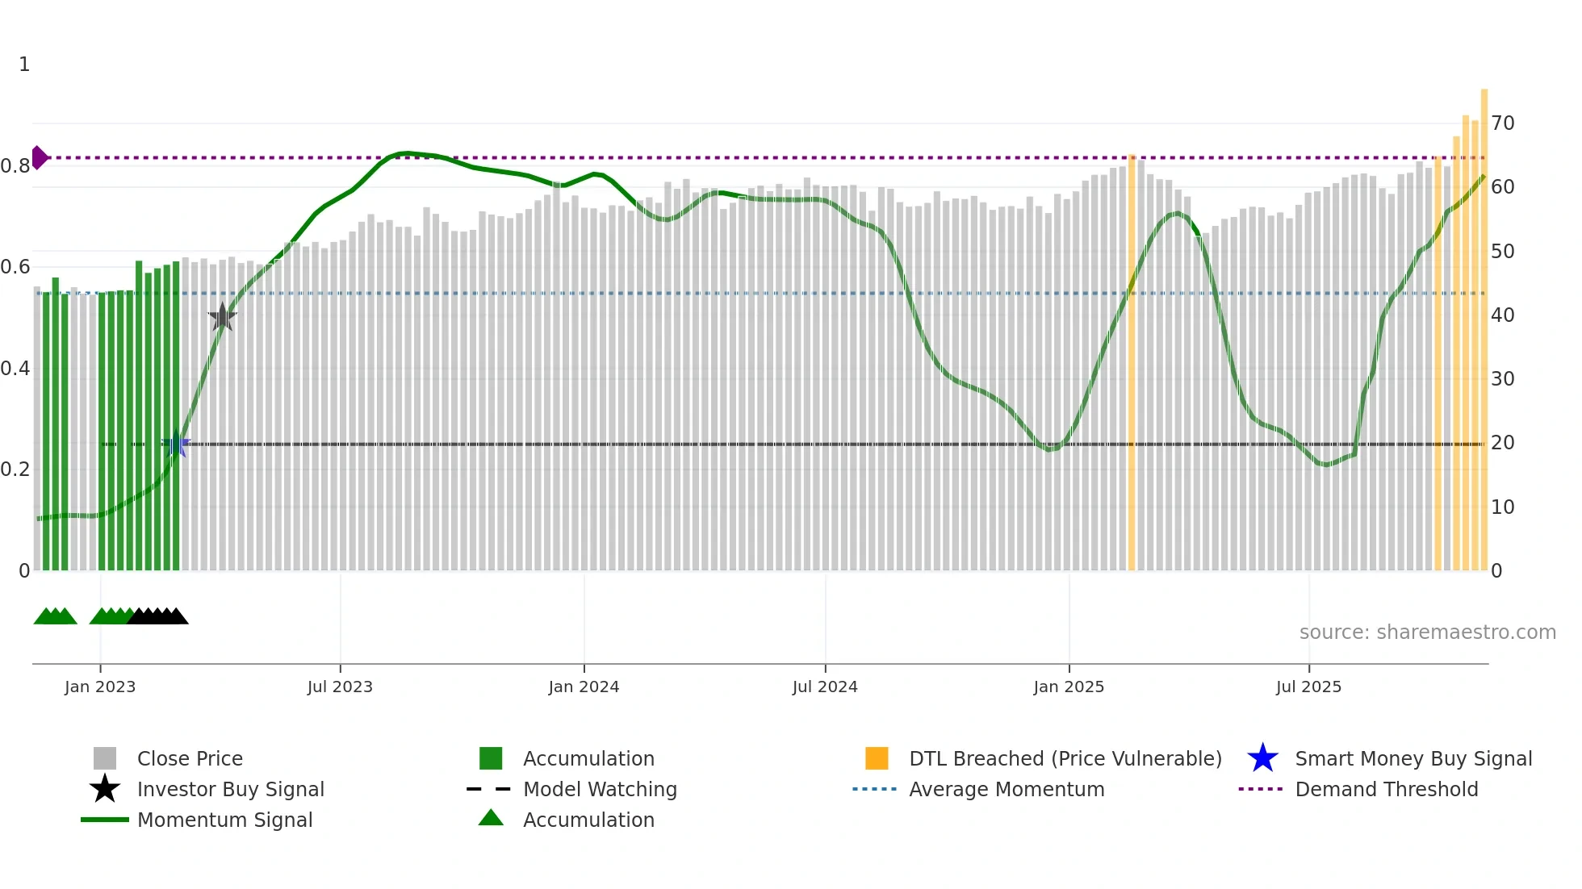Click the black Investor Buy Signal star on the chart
(222, 317)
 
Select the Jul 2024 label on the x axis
(825, 687)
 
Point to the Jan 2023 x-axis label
(100, 687)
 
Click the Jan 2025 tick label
(1069, 687)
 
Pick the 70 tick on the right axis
(1502, 123)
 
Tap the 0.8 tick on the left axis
(15, 166)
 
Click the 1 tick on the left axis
(24, 65)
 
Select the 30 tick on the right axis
(1502, 378)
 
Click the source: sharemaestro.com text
(1427, 632)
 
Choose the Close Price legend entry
(190, 758)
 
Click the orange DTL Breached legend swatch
(877, 758)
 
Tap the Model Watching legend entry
(600, 789)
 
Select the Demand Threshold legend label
(1386, 789)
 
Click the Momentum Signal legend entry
(224, 820)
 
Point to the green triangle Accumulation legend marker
(491, 818)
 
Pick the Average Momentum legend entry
(1007, 789)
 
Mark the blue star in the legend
(1262, 758)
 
